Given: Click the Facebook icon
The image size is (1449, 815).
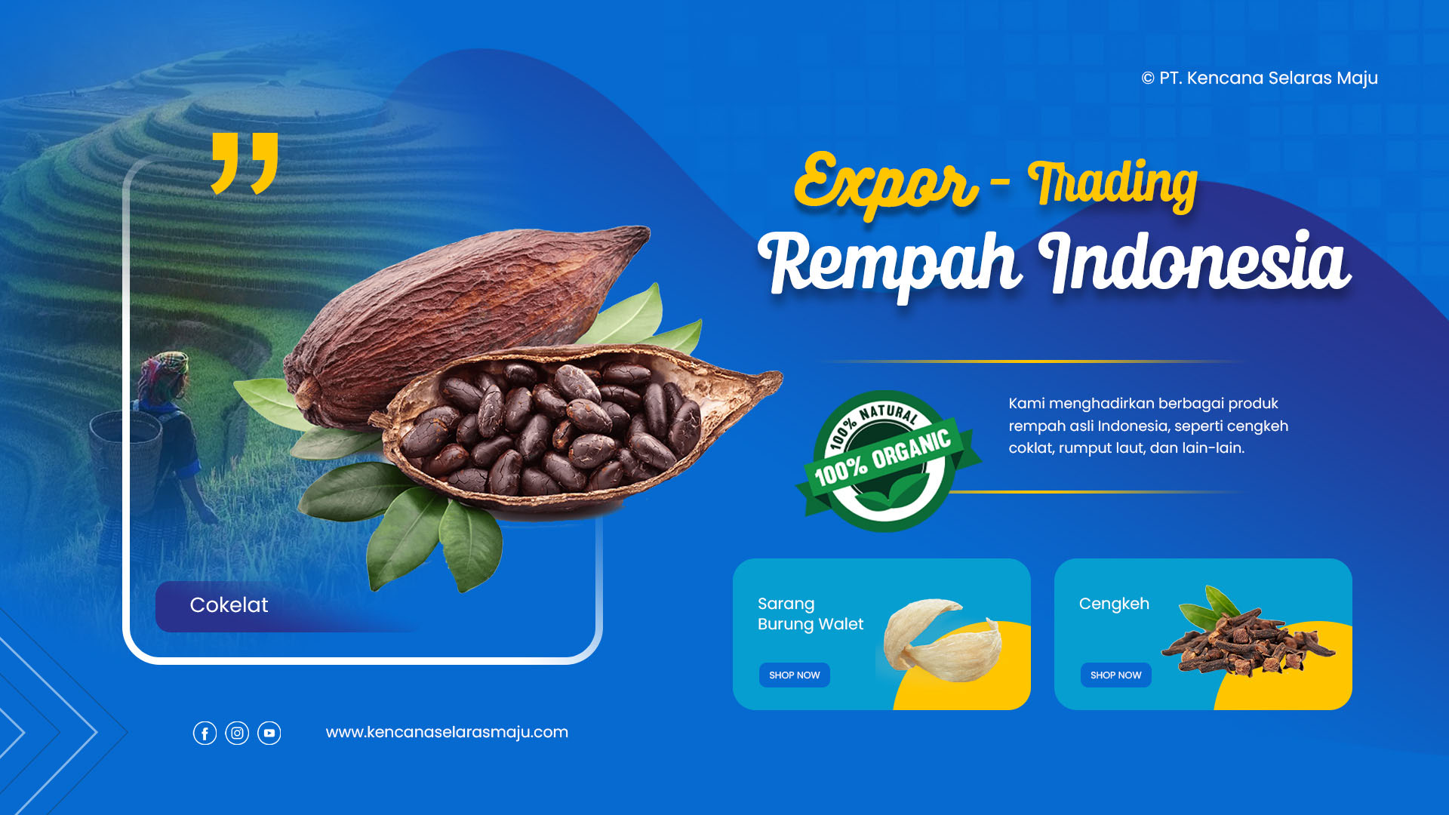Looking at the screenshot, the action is coord(205,733).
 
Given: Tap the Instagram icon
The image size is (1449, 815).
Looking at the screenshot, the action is coord(237,733).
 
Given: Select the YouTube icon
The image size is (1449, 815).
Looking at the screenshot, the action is coord(269,733).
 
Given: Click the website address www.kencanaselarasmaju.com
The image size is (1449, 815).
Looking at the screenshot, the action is coord(447,732).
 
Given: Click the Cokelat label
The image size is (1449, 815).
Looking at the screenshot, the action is coord(229,605).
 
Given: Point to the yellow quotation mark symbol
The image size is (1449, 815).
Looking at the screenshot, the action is coord(245,163).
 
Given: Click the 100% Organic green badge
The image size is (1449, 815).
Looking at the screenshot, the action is coord(887,461).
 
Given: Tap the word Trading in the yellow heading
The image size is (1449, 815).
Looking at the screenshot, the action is coord(1112,184).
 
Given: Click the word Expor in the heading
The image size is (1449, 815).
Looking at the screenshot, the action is coord(886,183).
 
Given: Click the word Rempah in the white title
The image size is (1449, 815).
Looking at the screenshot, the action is coord(891,264).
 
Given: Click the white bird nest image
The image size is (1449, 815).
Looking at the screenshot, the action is coord(943,639).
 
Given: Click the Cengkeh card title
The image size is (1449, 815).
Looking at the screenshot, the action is coord(1114,604).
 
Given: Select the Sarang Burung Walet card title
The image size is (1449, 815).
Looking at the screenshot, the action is coord(811,614).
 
